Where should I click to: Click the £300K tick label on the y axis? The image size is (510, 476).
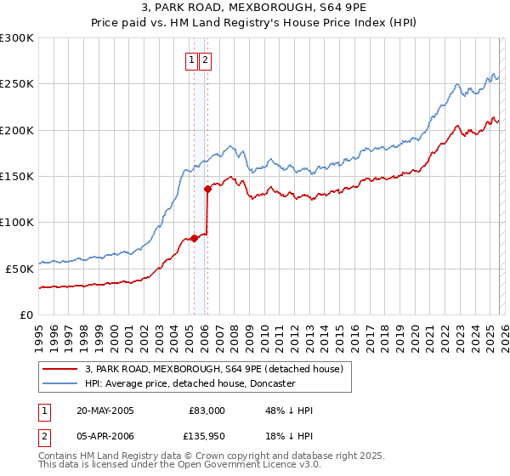[x=17, y=38]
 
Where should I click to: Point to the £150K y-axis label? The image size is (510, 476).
[x=17, y=176]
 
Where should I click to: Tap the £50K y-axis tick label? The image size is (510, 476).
[x=20, y=268]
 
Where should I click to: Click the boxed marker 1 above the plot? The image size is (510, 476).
[x=192, y=59]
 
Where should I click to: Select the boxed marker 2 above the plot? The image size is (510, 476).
[x=207, y=59]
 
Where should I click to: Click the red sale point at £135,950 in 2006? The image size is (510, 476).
[x=207, y=190]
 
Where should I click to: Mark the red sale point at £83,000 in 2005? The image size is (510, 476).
[x=194, y=238]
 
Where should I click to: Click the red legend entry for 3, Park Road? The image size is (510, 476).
[x=213, y=369]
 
